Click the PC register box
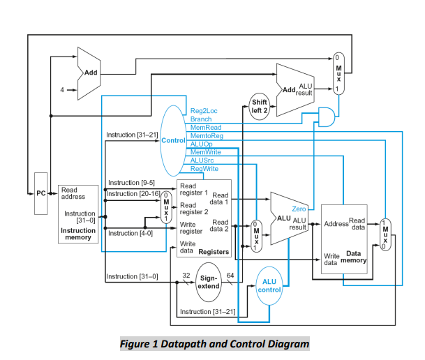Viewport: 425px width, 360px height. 40,192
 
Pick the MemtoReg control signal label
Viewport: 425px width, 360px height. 206,135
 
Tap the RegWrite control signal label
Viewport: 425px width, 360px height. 203,168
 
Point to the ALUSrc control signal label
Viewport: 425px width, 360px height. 202,160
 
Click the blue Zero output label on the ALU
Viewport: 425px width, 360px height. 299,209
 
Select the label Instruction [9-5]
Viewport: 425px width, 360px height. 126,182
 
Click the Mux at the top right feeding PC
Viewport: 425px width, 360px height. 338,73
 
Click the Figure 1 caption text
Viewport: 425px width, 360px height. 213,343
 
